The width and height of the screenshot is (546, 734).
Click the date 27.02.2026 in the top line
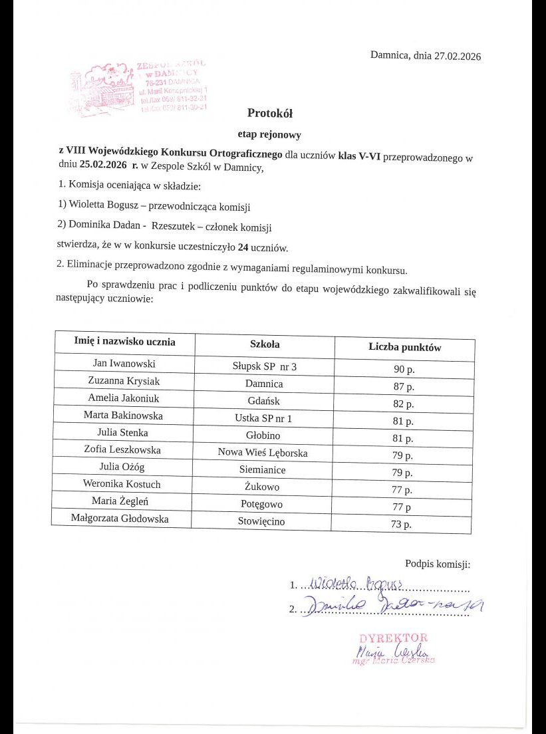click(x=456, y=56)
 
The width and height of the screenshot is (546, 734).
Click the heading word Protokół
click(x=270, y=113)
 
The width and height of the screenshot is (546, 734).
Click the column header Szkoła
click(x=265, y=344)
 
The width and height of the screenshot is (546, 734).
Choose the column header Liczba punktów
click(x=404, y=347)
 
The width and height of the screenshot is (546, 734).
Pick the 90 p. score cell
click(x=404, y=369)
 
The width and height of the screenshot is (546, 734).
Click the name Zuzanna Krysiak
click(x=124, y=381)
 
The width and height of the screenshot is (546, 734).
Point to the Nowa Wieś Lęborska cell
click(x=263, y=452)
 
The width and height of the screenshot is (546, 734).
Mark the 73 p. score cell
click(x=403, y=525)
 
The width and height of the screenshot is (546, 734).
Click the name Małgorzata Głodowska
click(x=120, y=519)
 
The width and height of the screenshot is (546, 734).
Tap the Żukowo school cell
click(x=263, y=487)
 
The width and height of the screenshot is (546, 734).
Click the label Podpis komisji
click(x=437, y=564)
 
